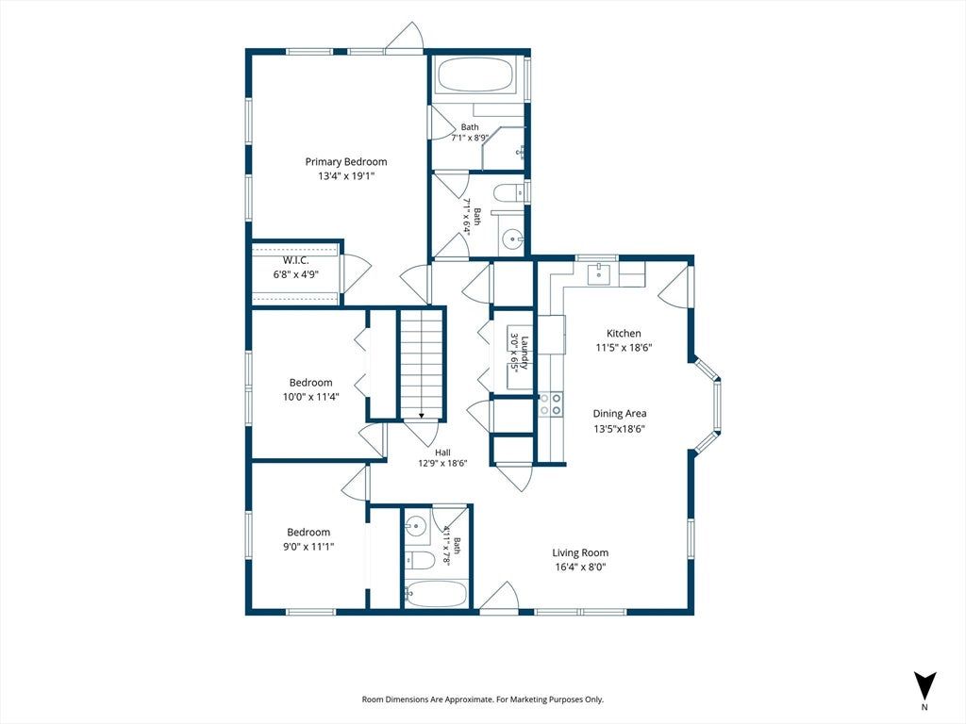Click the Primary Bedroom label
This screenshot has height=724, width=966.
point(346,162)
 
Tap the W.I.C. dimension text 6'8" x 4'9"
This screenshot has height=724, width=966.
point(295,274)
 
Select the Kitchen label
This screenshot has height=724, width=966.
point(624,333)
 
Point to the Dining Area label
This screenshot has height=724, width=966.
point(620,414)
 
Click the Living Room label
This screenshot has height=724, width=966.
point(580,552)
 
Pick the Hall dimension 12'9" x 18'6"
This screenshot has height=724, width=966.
point(443,464)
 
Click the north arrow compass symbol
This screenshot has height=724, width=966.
point(924,685)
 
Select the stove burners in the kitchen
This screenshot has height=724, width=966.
point(550,403)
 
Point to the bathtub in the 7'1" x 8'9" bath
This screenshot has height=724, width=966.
point(475,75)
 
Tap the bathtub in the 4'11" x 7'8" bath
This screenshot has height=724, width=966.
point(435,594)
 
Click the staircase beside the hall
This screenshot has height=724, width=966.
point(422,364)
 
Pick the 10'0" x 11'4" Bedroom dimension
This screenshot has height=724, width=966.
point(310,397)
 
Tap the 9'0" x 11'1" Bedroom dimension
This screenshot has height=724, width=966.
point(308,547)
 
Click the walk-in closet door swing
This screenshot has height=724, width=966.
point(356,274)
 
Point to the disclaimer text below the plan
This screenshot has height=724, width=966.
point(482,699)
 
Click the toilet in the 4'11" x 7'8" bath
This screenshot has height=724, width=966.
point(420,560)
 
